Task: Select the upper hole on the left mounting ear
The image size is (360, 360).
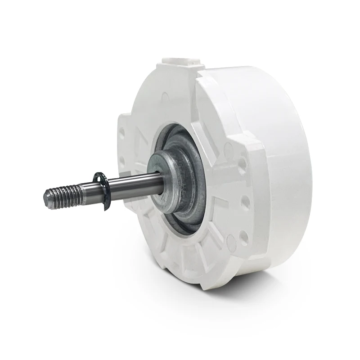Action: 121,133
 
